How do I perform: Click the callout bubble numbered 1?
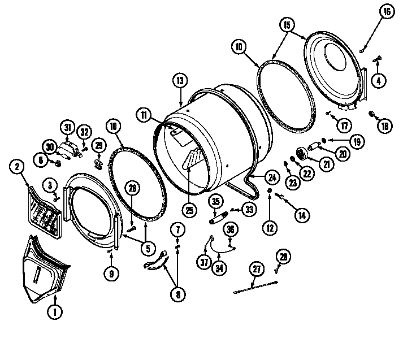click(x=55, y=310)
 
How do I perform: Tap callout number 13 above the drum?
click(x=180, y=81)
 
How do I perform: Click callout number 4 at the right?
click(x=378, y=80)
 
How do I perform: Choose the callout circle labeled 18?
click(x=385, y=126)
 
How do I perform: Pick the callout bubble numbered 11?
click(x=144, y=115)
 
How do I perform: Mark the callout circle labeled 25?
click(x=189, y=210)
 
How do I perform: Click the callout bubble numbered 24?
click(x=272, y=177)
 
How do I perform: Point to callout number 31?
click(x=67, y=128)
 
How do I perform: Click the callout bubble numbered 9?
click(x=111, y=274)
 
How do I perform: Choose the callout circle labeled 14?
click(x=301, y=214)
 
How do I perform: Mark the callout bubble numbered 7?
click(x=177, y=229)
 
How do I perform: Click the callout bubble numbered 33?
click(x=249, y=209)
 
